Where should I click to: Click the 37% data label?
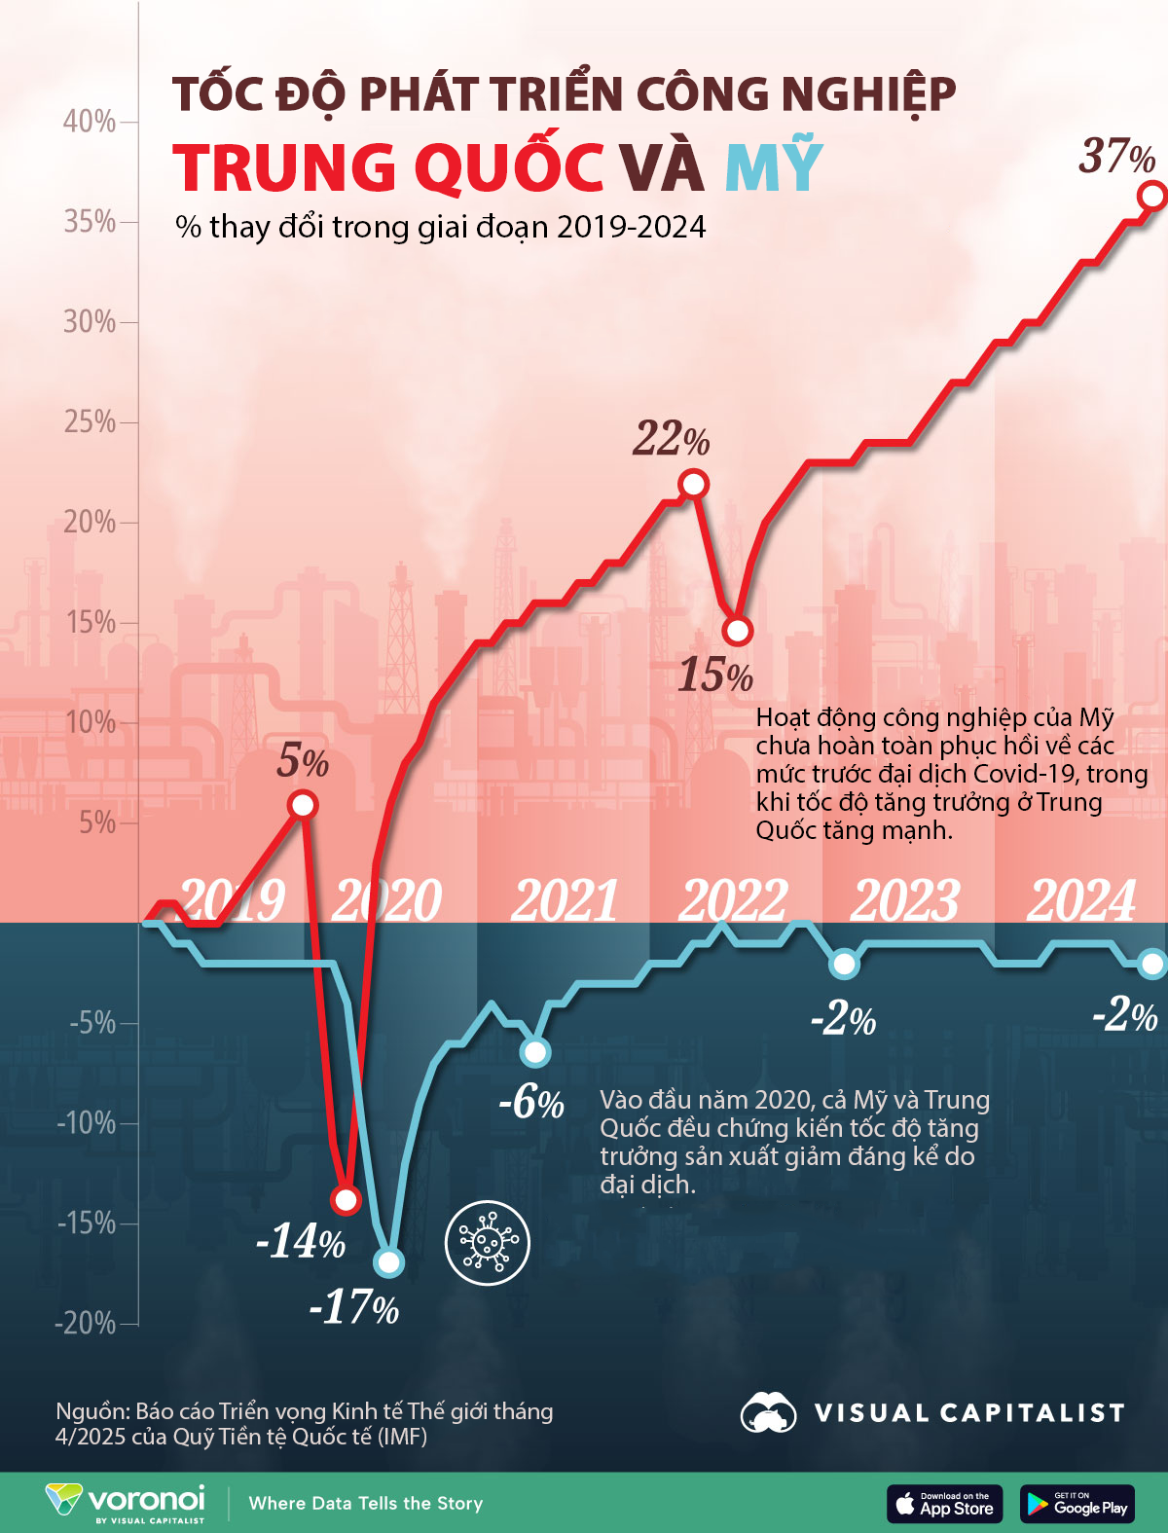click(1116, 156)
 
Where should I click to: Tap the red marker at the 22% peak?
click(693, 484)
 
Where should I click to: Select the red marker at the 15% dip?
click(738, 631)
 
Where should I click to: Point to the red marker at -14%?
click(346, 1199)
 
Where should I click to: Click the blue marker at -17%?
click(388, 1262)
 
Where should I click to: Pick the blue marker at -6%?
click(534, 1052)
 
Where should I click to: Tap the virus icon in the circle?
click(487, 1243)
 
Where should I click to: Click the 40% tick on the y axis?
click(90, 122)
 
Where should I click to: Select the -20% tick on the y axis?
click(86, 1324)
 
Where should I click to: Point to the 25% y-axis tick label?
click(90, 422)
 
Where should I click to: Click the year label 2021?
click(565, 900)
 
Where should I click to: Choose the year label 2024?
click(1081, 900)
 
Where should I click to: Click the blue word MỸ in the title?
click(775, 167)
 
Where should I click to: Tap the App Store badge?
click(944, 1504)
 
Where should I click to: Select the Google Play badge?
click(1077, 1504)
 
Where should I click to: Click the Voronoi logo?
click(125, 1502)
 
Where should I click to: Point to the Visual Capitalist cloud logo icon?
click(768, 1412)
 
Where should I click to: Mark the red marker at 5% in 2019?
click(303, 805)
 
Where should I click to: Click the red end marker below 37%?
click(1152, 196)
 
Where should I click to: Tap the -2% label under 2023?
click(843, 1019)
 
